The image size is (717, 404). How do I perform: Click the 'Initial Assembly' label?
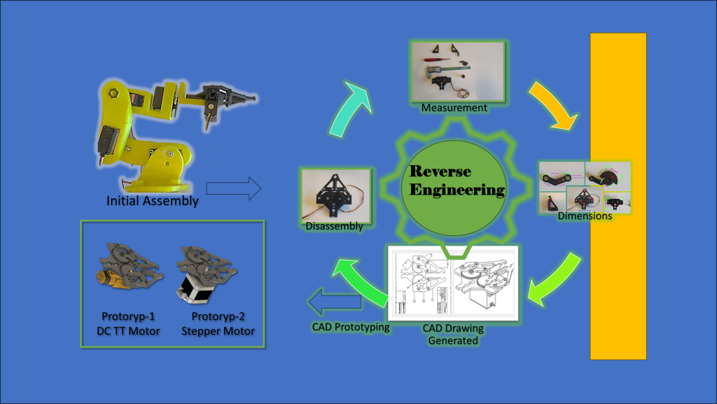coord(152,201)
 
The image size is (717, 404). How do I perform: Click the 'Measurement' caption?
coord(455,108)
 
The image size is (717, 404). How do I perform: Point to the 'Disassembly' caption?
coord(334,226)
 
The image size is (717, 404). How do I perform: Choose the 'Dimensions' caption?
coord(585,216)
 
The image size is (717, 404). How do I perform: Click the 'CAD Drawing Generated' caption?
coord(453,334)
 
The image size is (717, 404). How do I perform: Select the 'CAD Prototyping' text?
coord(350,327)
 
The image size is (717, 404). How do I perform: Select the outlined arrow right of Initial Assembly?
coord(233,188)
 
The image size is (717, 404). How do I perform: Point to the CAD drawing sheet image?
coord(452,283)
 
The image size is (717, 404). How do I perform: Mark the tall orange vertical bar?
coord(618,196)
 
